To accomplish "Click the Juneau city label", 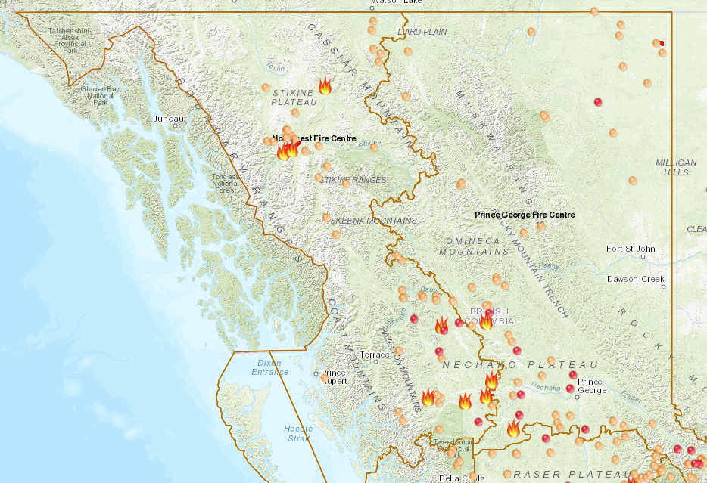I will [x=168, y=119].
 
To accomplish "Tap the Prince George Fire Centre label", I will [x=525, y=215].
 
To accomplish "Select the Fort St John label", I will [x=631, y=249].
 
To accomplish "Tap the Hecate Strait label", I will [x=297, y=432].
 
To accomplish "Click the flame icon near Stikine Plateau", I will [x=325, y=85].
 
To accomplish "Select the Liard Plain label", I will [x=421, y=32].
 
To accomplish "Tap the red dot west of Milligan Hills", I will [x=598, y=101].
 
